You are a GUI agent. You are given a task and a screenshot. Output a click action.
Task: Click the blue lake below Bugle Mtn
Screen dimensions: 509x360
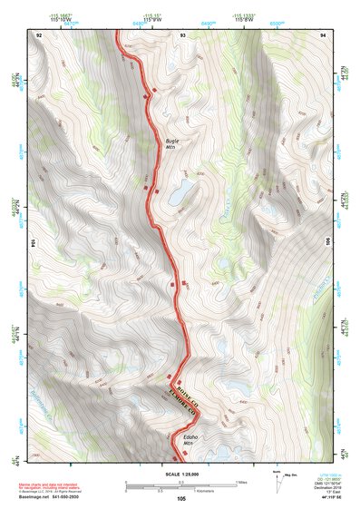pos(179,191)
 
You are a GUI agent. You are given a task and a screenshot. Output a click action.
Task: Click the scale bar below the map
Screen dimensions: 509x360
pos(181,483)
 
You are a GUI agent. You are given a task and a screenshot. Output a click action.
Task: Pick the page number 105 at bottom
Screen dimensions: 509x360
pos(181,498)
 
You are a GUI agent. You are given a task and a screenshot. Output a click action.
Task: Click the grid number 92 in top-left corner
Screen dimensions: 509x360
pos(39,34)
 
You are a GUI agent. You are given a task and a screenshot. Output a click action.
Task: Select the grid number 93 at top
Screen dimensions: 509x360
pos(182,34)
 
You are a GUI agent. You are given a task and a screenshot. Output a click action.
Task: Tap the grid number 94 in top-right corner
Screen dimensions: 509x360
pos(324,34)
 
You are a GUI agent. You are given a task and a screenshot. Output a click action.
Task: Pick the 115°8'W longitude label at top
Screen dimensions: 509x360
pos(241,19)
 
